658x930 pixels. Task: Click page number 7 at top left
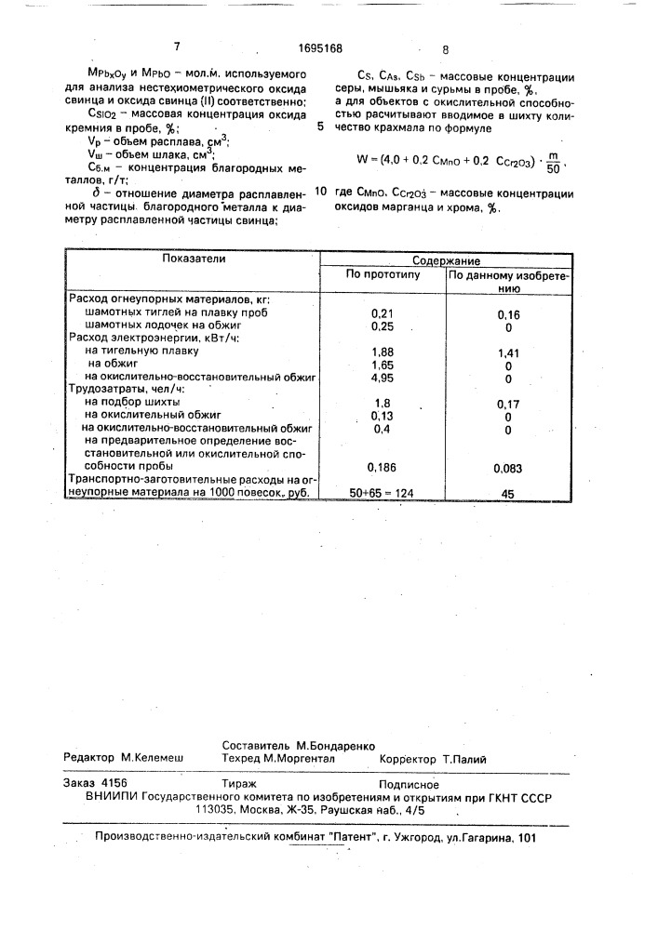[x=176, y=47]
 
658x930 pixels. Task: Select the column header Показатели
[x=189, y=260]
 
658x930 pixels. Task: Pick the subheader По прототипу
[x=383, y=276]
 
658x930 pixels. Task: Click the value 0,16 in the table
[x=507, y=315]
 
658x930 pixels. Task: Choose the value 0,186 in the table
[x=383, y=465]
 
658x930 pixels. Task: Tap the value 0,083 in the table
[x=507, y=467]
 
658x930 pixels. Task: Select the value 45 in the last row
[x=507, y=494]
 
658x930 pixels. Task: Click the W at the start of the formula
[x=362, y=159]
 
